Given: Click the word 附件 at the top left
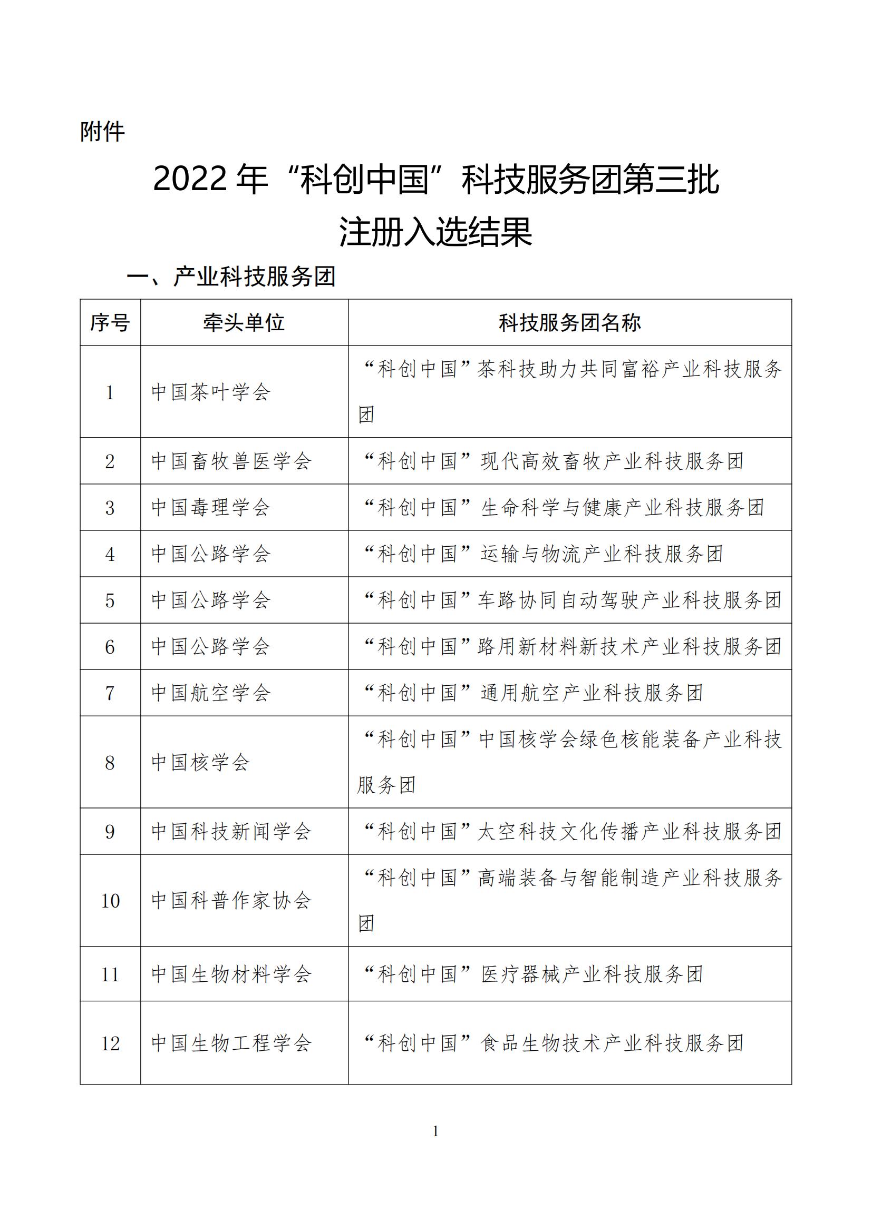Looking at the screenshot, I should [x=102, y=132].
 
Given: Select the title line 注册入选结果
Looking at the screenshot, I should [x=435, y=232].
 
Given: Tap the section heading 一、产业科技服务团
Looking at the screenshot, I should [x=231, y=277].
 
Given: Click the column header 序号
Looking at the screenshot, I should [x=110, y=322].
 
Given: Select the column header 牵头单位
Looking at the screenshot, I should [x=244, y=322].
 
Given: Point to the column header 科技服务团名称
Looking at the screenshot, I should [x=570, y=322].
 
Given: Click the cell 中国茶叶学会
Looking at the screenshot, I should [x=210, y=392].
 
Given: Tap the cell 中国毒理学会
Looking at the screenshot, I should [x=210, y=508].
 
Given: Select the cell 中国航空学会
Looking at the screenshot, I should [x=210, y=693].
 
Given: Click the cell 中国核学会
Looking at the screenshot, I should [x=200, y=763].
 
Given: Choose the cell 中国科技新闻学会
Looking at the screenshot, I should [x=231, y=832].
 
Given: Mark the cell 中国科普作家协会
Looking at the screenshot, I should [x=231, y=900].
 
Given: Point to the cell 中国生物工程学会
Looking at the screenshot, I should [x=231, y=1043].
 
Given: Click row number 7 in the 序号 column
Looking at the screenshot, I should [x=110, y=693].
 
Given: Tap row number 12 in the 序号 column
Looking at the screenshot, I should [x=110, y=1043].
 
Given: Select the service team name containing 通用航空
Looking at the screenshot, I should [x=533, y=693].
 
